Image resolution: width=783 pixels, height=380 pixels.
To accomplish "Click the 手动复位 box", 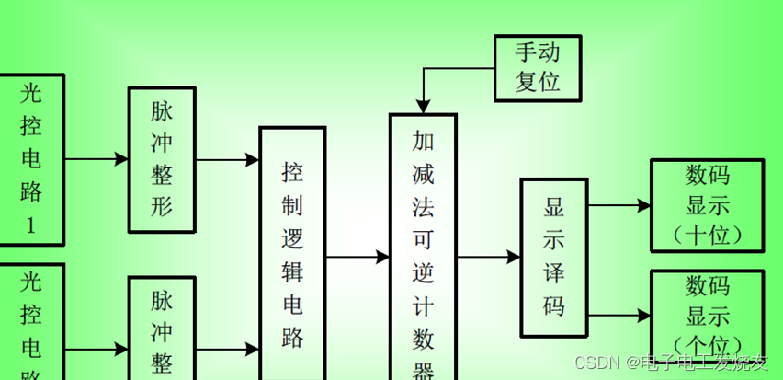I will pyautogui.click(x=539, y=67).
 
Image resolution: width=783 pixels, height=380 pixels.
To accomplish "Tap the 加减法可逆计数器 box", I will pyautogui.click(x=423, y=248).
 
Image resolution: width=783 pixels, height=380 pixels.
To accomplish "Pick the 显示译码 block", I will pyautogui.click(x=553, y=258).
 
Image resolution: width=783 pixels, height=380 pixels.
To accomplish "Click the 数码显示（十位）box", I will pyautogui.click(x=707, y=204).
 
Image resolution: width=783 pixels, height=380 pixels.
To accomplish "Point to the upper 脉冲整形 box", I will pyautogui.click(x=162, y=159).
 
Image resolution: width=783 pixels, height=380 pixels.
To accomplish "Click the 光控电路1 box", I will pyautogui.click(x=30, y=158).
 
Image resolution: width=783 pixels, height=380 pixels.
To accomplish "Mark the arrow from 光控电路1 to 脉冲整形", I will pyautogui.click(x=96, y=159).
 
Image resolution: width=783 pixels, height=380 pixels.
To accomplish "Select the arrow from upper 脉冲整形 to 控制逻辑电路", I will pyautogui.click(x=228, y=159).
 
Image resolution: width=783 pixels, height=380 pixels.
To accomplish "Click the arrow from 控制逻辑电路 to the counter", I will pyautogui.click(x=357, y=258).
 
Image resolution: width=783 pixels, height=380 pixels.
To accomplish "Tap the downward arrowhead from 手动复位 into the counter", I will pyautogui.click(x=423, y=104).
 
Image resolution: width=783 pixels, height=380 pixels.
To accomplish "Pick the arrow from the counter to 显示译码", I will pyautogui.click(x=489, y=258).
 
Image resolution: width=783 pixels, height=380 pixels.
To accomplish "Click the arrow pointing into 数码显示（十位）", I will pyautogui.click(x=619, y=205).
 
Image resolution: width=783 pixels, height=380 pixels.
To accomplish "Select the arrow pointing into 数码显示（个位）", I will pyautogui.click(x=619, y=316).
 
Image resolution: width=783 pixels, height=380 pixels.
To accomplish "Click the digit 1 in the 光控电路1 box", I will pyautogui.click(x=30, y=226).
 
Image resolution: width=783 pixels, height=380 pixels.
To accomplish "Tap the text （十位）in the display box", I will pyautogui.click(x=707, y=235).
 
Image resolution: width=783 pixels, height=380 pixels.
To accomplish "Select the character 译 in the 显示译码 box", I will pyautogui.click(x=554, y=272).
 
